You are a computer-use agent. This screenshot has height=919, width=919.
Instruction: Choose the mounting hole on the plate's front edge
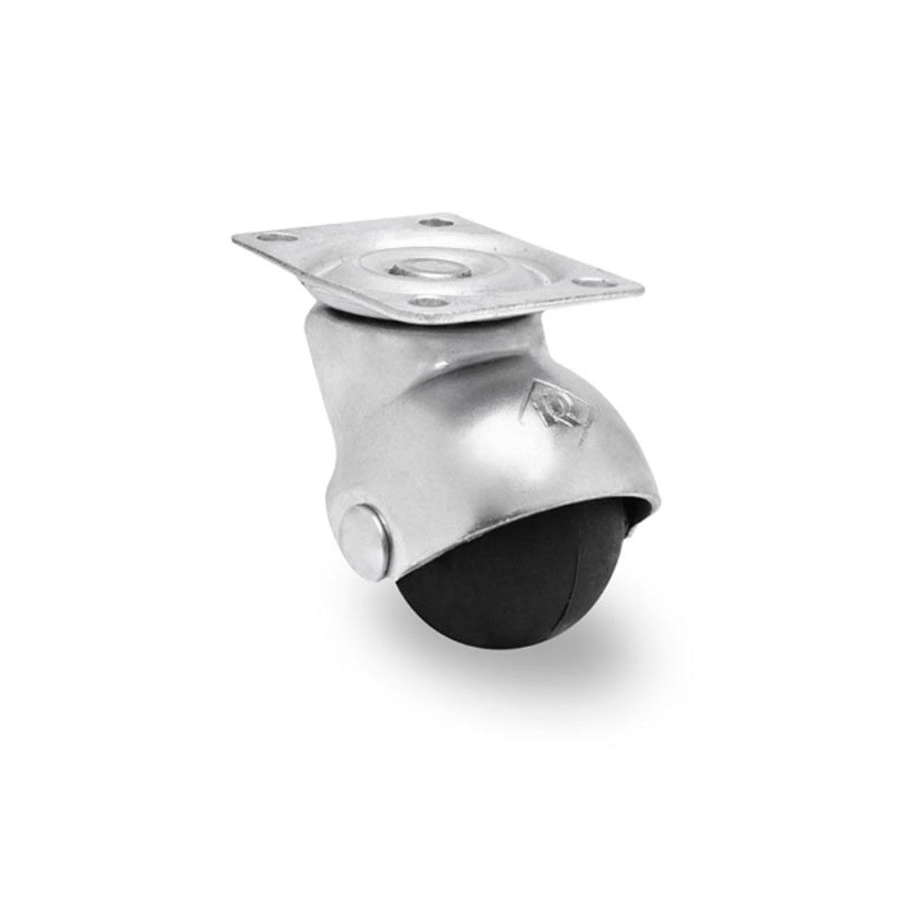point(425,300)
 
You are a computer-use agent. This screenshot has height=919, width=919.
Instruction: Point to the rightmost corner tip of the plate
point(642,289)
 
